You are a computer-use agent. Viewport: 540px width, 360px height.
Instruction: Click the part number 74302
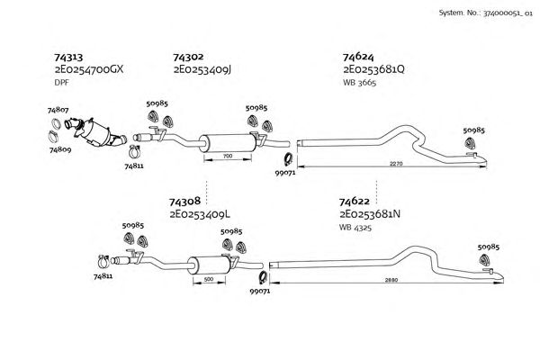(187, 57)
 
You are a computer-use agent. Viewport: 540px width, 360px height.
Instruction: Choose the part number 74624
(358, 57)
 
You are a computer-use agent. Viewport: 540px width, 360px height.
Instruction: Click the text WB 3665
(359, 82)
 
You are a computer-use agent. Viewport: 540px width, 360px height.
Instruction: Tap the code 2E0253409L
(200, 215)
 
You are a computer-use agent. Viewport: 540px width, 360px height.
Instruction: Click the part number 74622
(355, 202)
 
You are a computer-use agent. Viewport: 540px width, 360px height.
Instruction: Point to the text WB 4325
(355, 228)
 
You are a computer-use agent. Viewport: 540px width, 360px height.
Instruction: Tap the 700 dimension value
(228, 157)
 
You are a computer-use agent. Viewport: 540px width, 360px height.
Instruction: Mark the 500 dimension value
(210, 280)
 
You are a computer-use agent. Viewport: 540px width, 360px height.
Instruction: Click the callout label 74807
(58, 110)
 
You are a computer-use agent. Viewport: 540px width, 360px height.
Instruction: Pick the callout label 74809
(59, 150)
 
